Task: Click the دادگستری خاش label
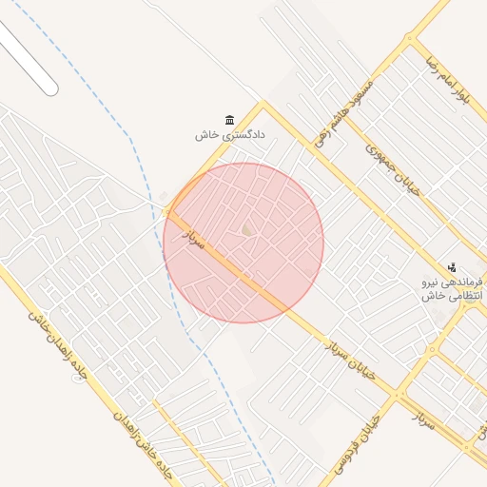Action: (x=229, y=135)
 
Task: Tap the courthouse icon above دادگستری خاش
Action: (x=229, y=119)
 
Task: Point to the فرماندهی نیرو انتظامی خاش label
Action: (x=454, y=289)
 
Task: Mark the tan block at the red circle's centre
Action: (x=247, y=229)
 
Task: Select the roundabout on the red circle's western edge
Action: (x=166, y=209)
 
